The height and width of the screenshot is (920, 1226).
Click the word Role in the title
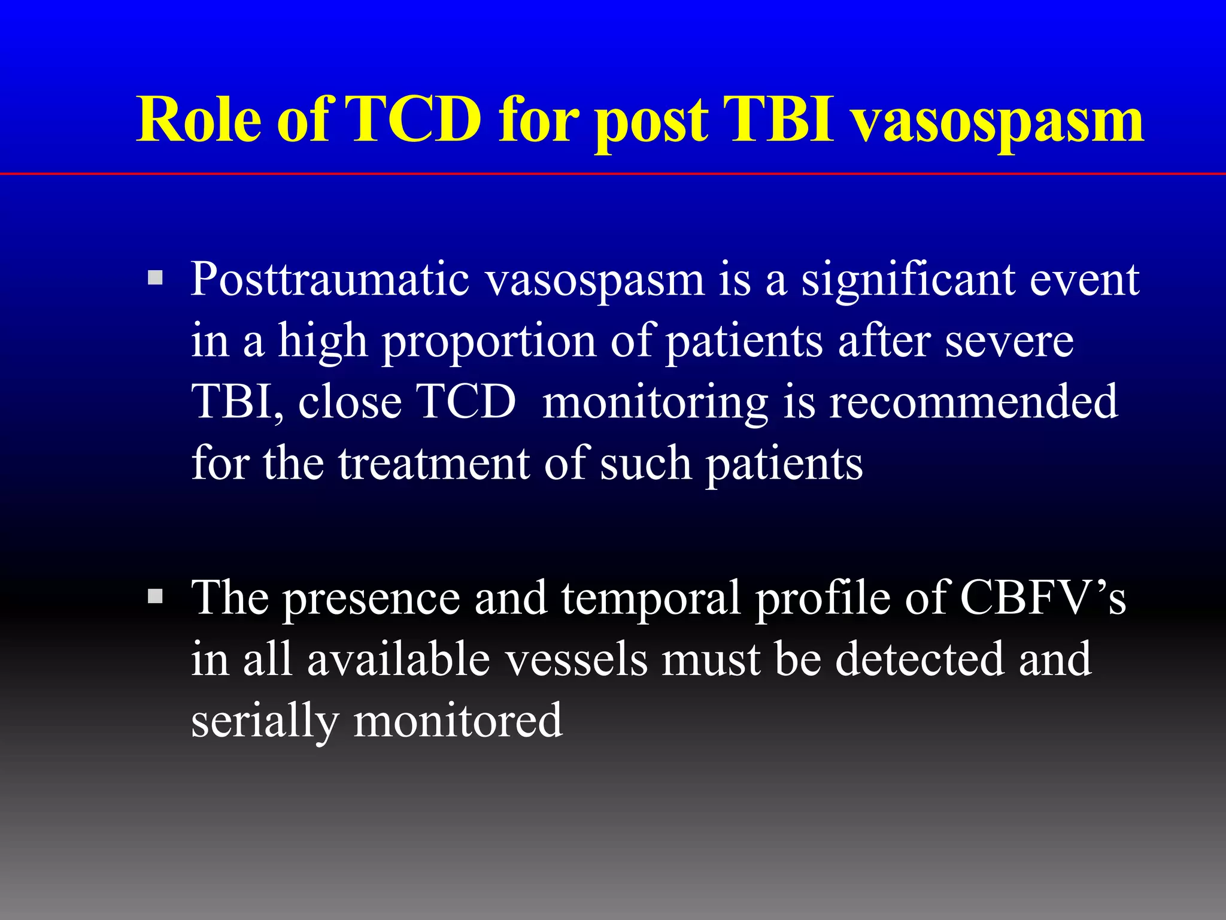click(x=199, y=120)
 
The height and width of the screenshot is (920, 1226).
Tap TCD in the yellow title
click(x=413, y=120)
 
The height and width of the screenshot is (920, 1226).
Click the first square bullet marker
click(x=155, y=277)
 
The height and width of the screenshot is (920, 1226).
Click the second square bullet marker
click(x=155, y=596)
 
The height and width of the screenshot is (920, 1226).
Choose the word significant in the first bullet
click(x=908, y=280)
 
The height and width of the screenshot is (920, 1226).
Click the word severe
click(x=1009, y=341)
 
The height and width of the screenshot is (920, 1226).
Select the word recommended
click(x=973, y=402)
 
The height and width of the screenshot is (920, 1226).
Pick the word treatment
click(x=434, y=464)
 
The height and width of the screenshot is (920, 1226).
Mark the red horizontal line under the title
click(x=613, y=174)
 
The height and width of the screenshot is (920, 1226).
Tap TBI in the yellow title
click(x=778, y=120)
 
